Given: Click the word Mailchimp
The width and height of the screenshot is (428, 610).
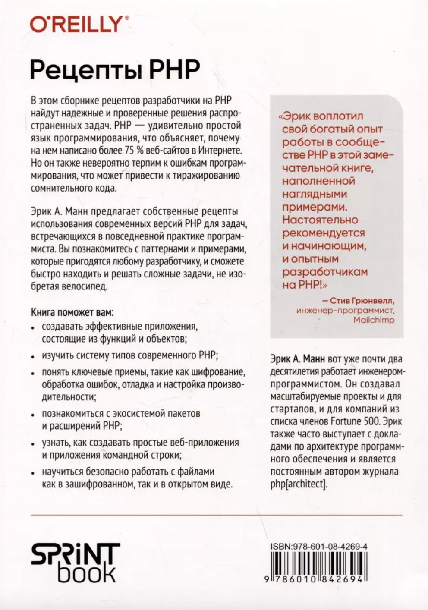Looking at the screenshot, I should pos(374,320).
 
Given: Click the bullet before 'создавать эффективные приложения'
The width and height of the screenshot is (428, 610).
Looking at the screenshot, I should pos(34,328).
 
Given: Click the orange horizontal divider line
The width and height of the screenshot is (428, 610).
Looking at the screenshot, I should pos(216,515).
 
